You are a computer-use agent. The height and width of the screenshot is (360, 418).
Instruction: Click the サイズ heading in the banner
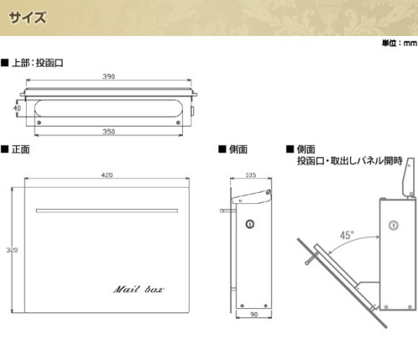pos(28,18)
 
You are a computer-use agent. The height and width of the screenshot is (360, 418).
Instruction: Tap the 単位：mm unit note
pos(400,43)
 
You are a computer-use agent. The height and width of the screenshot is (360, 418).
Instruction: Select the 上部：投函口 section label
pos(33,63)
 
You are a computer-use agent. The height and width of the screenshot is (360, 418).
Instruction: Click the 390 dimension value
pos(109,77)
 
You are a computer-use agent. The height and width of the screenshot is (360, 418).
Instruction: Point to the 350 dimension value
pos(109,131)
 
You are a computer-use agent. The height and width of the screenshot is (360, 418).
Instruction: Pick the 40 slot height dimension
pos(17,108)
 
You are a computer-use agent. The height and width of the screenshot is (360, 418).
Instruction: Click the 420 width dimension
pos(107,175)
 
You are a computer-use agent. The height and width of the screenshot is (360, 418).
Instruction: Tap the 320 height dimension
pos(12,250)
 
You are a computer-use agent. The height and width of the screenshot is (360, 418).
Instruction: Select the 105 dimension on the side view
pos(251,175)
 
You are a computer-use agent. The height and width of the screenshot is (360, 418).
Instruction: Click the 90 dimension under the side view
pos(254,314)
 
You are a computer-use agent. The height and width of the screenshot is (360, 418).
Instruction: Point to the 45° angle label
pos(347,236)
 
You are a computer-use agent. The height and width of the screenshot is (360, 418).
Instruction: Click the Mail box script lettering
pos(139,289)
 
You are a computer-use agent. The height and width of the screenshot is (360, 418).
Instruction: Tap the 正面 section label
pos(16,150)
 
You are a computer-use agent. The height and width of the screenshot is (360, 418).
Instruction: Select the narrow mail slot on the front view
pos(107,210)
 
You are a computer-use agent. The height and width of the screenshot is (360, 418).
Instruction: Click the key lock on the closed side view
pos(250,224)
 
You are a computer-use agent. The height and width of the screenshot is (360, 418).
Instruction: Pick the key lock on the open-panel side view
pos(393,225)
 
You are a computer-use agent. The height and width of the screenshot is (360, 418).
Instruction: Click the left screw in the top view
pos(39,123)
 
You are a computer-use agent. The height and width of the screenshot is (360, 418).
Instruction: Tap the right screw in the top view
pos(178,123)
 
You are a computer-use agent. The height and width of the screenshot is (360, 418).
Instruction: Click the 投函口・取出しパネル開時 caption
pos(349,160)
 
